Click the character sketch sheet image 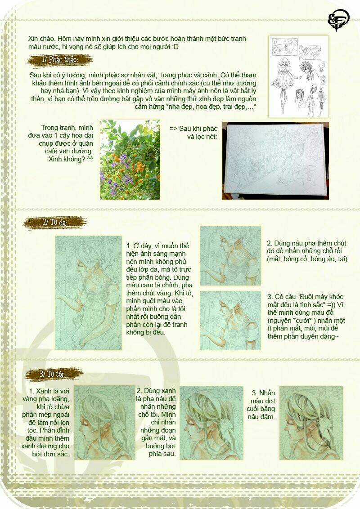(x=298, y=75)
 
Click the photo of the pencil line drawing (x=275, y=161)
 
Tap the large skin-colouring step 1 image (x=88, y=292)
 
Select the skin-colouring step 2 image (x=230, y=254)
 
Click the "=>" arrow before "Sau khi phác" (x=174, y=128)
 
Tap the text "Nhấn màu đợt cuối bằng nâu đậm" (x=263, y=405)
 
